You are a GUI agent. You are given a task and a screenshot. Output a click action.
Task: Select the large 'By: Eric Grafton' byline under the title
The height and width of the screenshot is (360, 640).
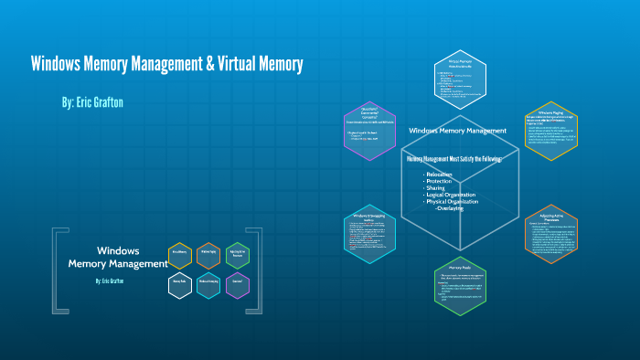pos(91,102)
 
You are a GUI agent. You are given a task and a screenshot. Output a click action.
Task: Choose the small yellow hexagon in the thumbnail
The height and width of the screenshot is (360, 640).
pos(180,258)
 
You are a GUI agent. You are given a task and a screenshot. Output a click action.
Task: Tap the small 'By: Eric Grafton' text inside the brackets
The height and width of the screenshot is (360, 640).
pos(111,281)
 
